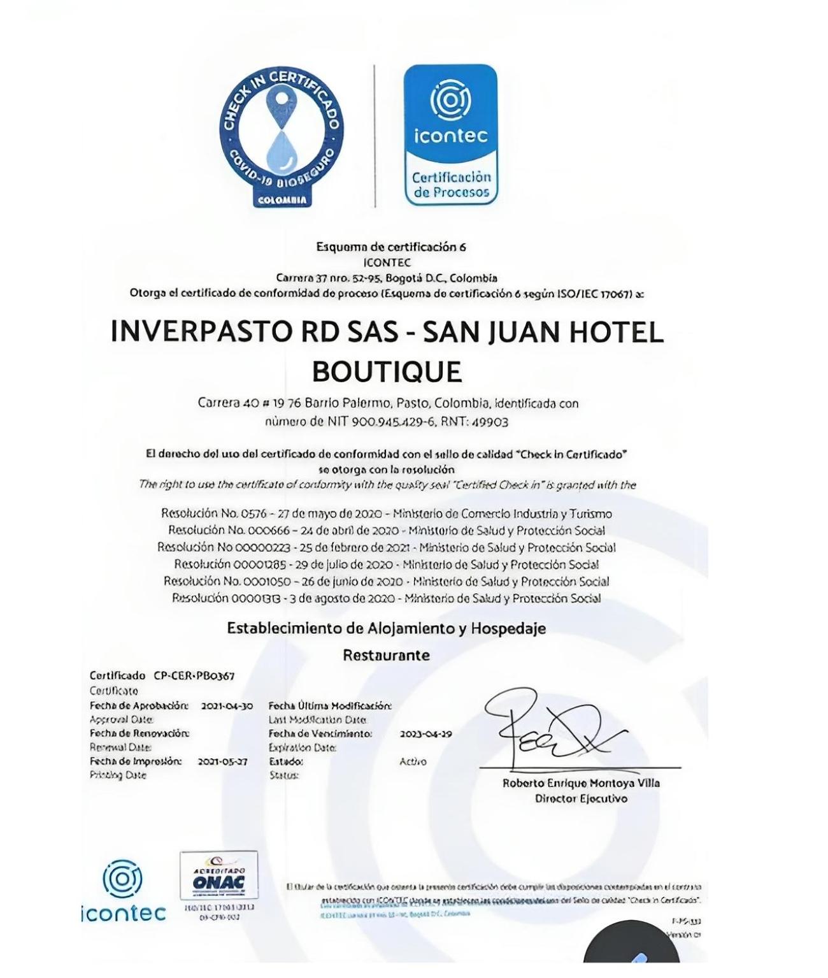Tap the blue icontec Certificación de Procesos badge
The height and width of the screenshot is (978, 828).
(x=451, y=134)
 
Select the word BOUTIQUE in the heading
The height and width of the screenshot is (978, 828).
(x=387, y=371)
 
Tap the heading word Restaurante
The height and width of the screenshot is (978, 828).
(x=387, y=655)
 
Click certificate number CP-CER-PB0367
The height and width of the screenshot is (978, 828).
(x=194, y=676)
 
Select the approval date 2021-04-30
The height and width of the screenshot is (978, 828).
(x=227, y=706)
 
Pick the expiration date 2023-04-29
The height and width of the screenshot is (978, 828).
(x=426, y=734)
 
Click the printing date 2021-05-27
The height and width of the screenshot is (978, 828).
(x=222, y=761)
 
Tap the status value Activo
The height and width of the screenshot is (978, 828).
(x=413, y=762)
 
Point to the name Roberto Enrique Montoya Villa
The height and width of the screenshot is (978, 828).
(x=581, y=784)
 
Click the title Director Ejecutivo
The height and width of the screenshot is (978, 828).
(x=581, y=799)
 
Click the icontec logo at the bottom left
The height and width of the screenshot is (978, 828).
(x=124, y=892)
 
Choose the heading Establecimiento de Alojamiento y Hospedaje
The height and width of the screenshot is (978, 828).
(x=387, y=629)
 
